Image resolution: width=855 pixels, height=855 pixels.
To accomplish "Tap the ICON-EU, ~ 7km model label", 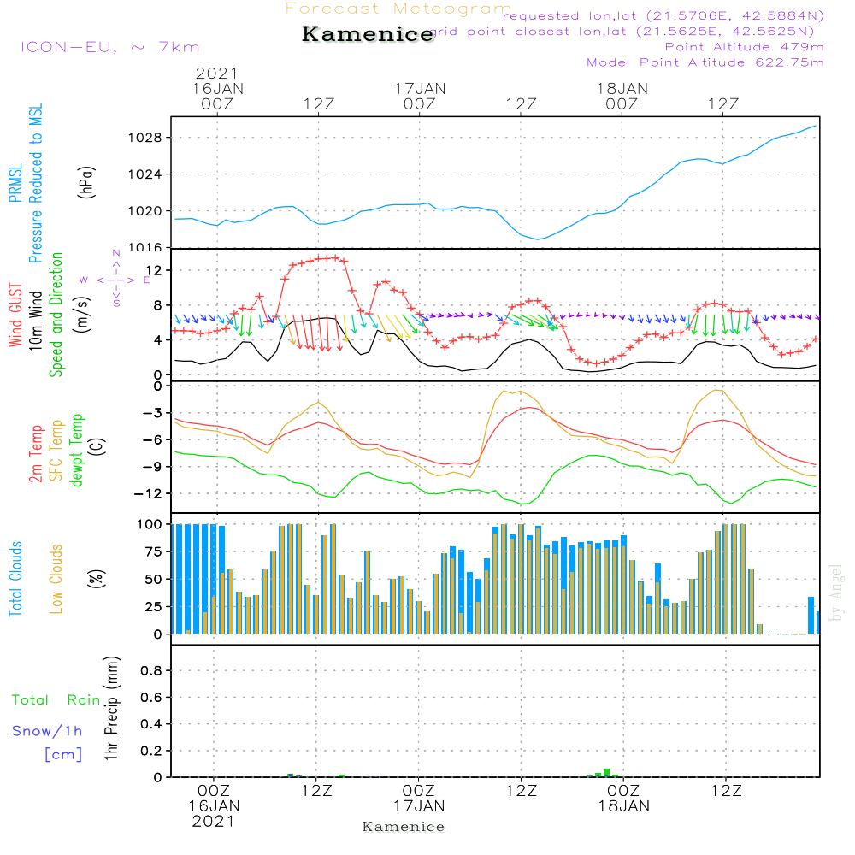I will [109, 47].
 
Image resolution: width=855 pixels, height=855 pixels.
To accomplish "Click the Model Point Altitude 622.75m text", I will [705, 62].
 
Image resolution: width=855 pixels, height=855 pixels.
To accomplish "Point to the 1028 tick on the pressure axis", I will [149, 138].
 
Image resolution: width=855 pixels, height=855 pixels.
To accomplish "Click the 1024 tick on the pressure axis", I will [149, 174].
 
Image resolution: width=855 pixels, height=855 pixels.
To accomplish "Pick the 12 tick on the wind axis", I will [158, 270].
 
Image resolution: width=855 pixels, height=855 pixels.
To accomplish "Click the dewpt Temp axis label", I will [77, 451].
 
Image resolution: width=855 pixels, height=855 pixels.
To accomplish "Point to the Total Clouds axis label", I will [16, 578].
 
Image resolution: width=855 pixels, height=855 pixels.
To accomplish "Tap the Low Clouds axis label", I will [57, 578].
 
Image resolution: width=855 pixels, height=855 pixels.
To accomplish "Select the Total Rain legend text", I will [56, 700].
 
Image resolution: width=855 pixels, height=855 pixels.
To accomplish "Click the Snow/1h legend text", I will [47, 731].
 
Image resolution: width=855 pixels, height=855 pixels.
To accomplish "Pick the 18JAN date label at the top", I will [622, 89].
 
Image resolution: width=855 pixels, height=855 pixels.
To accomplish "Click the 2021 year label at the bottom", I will [214, 822].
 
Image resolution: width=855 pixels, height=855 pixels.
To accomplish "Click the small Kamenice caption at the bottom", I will [404, 827].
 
